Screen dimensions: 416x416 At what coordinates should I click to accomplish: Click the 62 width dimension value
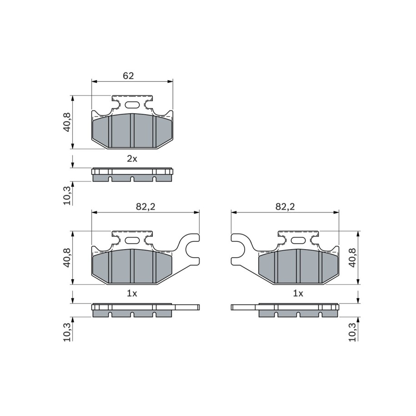pos(128,76)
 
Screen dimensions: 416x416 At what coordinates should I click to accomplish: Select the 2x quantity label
pos(132,159)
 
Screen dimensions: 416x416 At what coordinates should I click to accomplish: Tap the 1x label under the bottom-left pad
pos(132,293)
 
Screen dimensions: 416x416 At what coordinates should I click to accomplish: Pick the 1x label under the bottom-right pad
pos(298,293)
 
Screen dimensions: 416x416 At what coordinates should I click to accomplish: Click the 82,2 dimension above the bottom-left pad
pos(145,207)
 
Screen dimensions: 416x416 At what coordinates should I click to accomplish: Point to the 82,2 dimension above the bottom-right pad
pos(285,207)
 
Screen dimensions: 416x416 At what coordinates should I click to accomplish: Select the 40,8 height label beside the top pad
pos(67,122)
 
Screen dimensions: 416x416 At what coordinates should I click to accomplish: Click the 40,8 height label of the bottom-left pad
pos(67,258)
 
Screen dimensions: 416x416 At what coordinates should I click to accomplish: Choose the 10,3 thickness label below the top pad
pos(67,195)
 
